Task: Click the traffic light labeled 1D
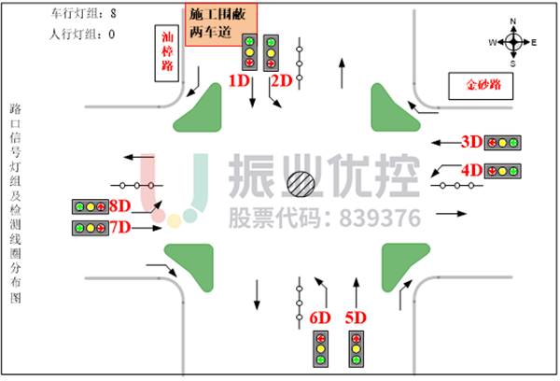tap(249, 52)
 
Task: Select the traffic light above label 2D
tap(271, 52)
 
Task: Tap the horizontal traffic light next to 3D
tap(502, 143)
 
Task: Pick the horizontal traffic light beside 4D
tap(502, 171)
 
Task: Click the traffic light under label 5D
tap(356, 348)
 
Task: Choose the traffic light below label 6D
tap(321, 348)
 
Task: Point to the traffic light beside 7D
tap(91, 228)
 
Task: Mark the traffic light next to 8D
tap(91, 206)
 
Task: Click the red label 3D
tap(471, 142)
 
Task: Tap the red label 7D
tap(119, 227)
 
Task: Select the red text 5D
tap(356, 317)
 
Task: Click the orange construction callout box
tap(221, 24)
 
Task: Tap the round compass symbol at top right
tap(513, 41)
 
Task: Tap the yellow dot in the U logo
tap(175, 221)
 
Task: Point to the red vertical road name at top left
tap(167, 51)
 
